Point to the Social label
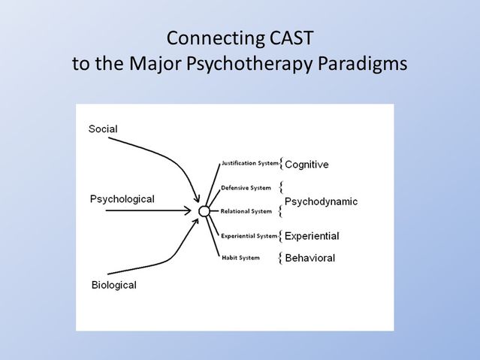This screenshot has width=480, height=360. [x=103, y=129]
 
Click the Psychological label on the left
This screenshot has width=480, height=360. [x=122, y=199]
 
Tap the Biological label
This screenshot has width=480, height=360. [x=113, y=285]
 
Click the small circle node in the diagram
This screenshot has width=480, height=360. [x=204, y=212]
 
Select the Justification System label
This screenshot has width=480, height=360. [x=249, y=162]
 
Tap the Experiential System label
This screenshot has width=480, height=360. [x=249, y=235]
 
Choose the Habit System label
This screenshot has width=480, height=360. [x=240, y=258]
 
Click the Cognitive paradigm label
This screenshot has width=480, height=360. [x=306, y=164]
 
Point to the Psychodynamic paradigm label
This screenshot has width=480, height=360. [x=321, y=201]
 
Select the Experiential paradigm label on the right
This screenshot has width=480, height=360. [x=312, y=236]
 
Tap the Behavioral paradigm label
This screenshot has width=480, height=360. [x=309, y=259]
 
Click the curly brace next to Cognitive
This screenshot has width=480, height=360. [x=281, y=163]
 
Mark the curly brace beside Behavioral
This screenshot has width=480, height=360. [x=281, y=259]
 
